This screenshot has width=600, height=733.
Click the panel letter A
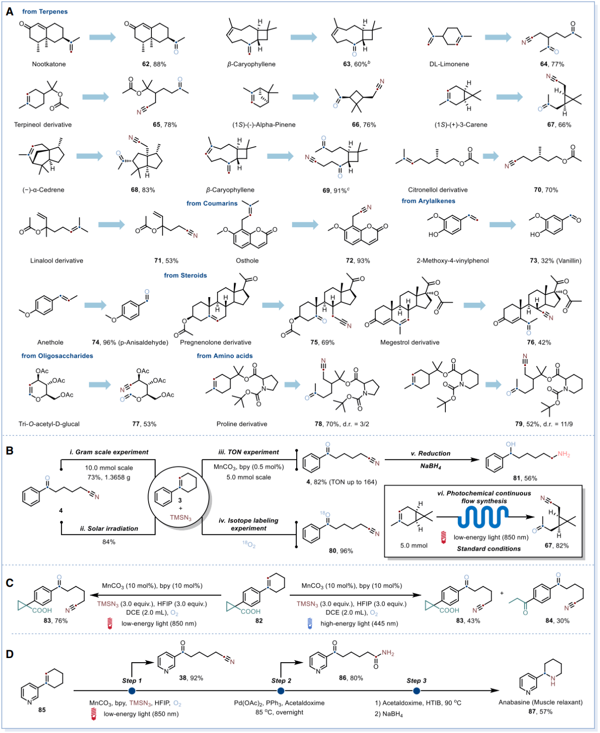click(9, 11)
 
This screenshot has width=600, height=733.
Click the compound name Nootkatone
click(49, 64)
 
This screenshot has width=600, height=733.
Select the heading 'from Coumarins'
click(212, 203)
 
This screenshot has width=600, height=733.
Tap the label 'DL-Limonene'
click(449, 64)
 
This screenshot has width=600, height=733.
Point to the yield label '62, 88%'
click(154, 64)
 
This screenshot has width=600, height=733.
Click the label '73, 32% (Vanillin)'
click(555, 261)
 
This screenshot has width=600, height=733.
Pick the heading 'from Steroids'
click(185, 276)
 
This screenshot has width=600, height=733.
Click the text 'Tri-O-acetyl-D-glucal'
click(49, 424)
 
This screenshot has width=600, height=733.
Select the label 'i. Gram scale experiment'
click(109, 452)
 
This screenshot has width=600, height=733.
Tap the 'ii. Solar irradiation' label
click(109, 529)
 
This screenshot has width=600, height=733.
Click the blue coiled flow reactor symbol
click(483, 516)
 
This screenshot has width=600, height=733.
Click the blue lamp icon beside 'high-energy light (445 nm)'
click(309, 623)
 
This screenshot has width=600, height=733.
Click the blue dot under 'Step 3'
click(417, 691)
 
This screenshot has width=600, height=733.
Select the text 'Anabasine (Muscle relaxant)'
click(540, 702)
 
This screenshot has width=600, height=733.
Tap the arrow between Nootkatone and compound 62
click(102, 37)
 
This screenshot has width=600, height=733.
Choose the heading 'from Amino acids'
click(225, 356)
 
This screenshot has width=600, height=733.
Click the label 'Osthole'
click(247, 261)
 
